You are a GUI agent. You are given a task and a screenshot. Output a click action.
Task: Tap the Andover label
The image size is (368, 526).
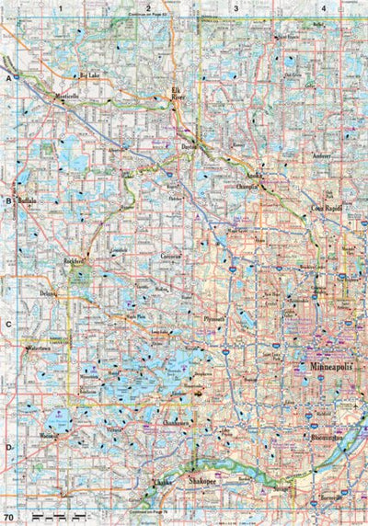tap(320, 157)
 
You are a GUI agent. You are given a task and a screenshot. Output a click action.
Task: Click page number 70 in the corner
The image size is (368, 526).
tap(8, 519)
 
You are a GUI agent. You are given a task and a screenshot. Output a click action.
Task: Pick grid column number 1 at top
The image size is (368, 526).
tap(62, 7)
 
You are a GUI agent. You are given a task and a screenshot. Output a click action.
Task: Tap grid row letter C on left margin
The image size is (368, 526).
tap(7, 324)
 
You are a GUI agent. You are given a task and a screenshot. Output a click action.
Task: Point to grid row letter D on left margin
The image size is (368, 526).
tap(7, 448)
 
